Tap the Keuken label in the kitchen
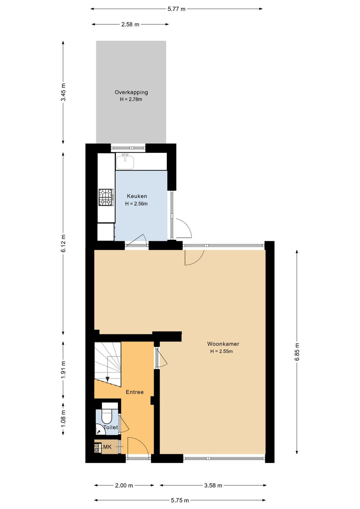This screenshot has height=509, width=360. (x=137, y=196)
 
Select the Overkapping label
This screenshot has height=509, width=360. (x=131, y=92)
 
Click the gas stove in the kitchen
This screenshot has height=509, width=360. (x=106, y=197)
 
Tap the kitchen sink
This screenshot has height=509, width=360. (x=125, y=162)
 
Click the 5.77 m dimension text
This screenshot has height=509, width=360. (x=177, y=9)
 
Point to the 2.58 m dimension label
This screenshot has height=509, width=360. (x=130, y=24)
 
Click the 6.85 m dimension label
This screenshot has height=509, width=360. (x=297, y=352)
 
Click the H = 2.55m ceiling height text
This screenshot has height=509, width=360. (x=221, y=351)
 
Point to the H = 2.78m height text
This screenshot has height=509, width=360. (x=131, y=99)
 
